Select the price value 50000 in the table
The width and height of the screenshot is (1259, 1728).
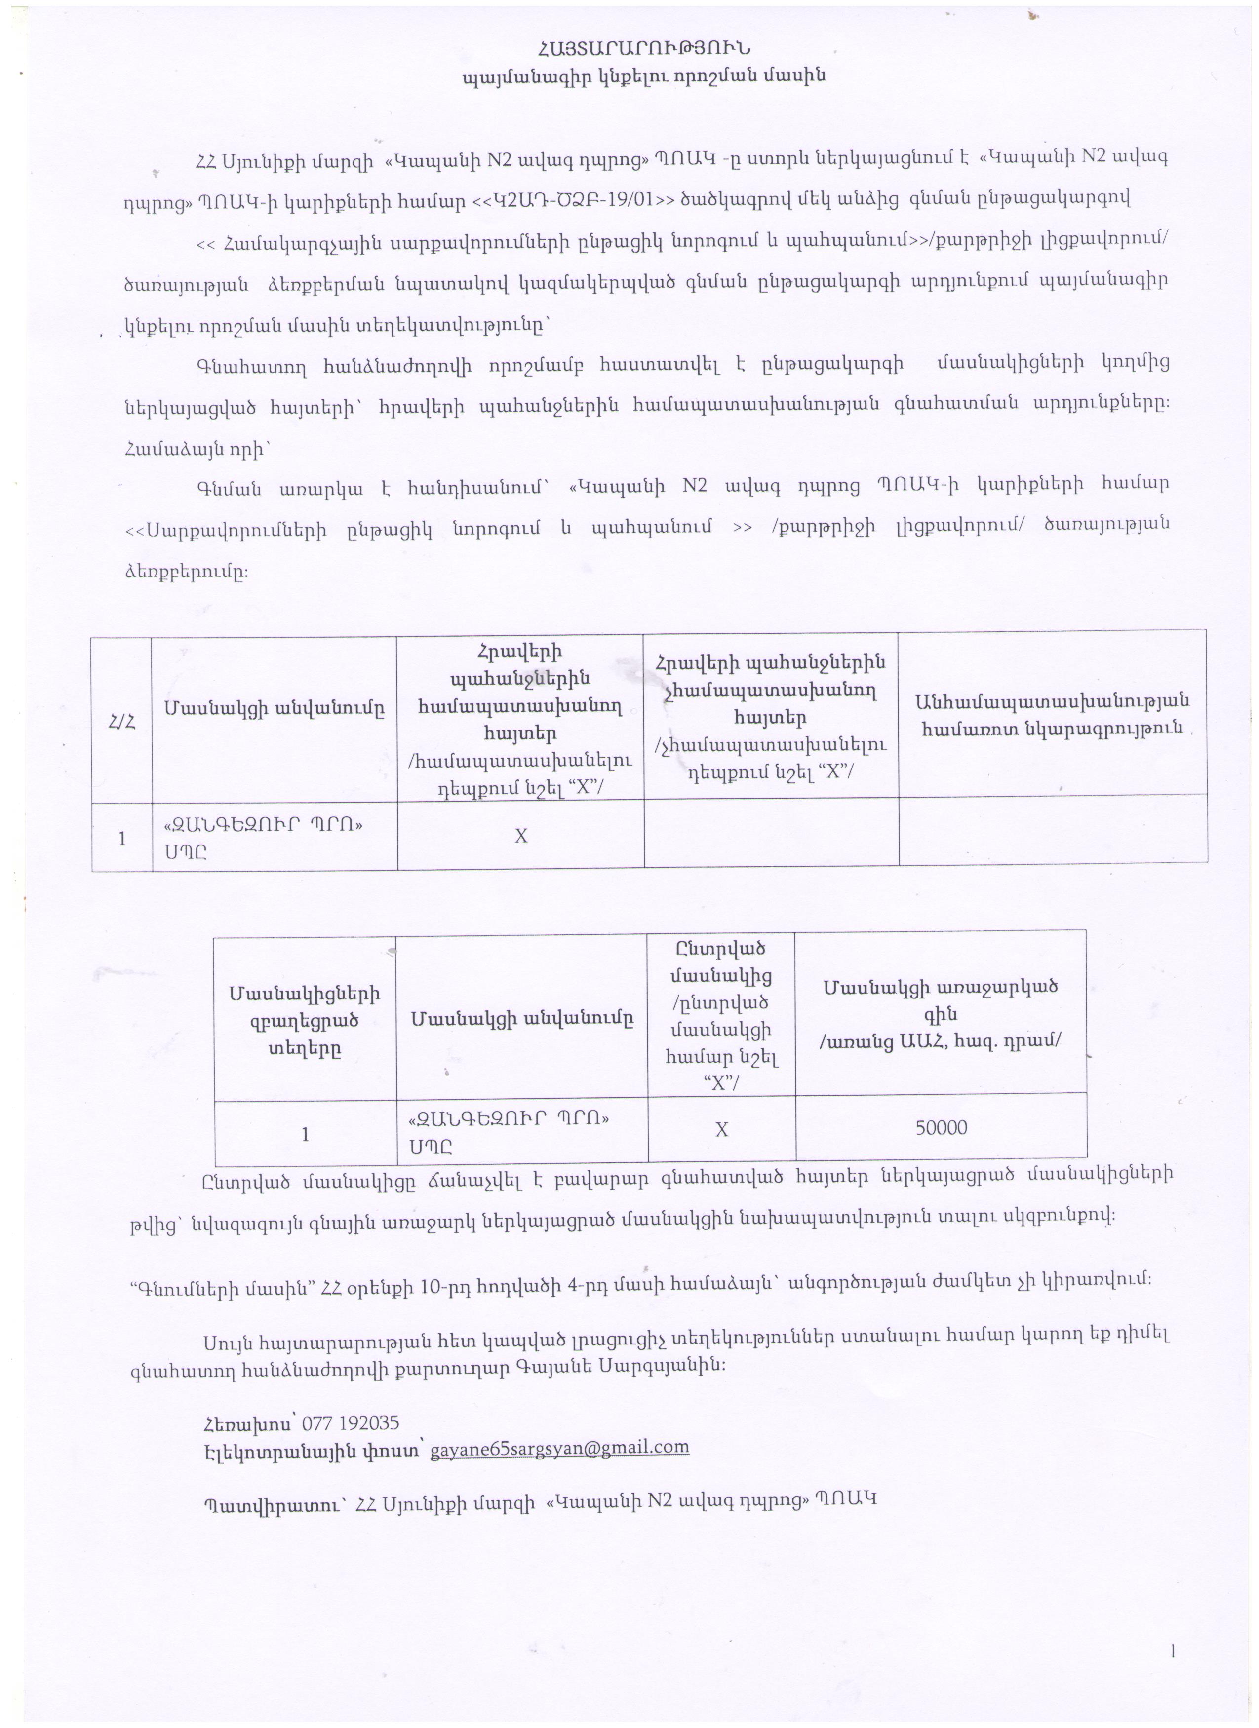[941, 1128]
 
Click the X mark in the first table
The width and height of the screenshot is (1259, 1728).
[520, 836]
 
